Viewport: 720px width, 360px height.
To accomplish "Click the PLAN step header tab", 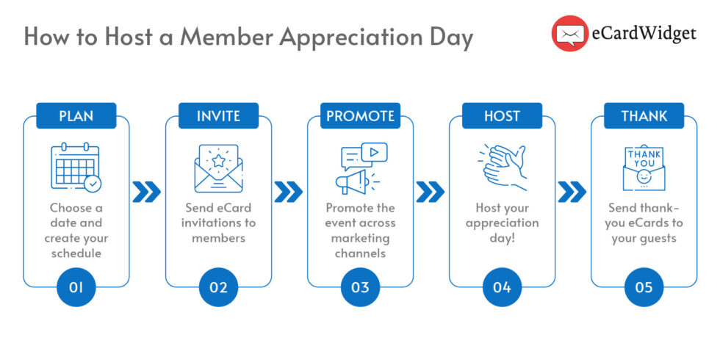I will point(76,116).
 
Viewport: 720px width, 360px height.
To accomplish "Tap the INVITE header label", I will point(218,116).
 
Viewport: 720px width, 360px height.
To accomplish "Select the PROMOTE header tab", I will point(360,116).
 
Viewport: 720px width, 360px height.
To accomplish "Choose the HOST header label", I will point(502,116).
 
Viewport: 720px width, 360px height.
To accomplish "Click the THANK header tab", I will point(644,116).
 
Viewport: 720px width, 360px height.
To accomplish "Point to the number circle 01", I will point(76,287).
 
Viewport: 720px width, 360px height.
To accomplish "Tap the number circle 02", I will point(218,287).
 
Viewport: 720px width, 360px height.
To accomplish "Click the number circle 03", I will point(360,287).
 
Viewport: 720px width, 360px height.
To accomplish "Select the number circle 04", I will point(502,287).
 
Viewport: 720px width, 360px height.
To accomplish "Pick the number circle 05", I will point(644,287).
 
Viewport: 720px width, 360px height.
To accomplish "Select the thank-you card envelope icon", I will point(644,168).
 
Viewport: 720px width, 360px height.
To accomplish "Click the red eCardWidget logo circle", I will point(570,34).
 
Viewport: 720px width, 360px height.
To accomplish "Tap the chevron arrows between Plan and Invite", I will point(147,192).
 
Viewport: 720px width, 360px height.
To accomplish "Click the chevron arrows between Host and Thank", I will point(572,192).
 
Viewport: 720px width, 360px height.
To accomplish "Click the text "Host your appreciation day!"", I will point(502,223).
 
